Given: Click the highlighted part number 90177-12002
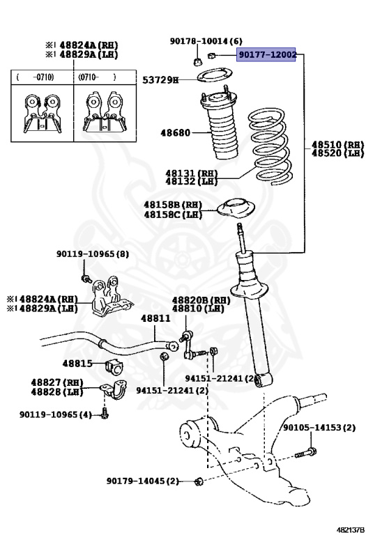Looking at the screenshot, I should pyautogui.click(x=267, y=54).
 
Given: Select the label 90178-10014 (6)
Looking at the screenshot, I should pyautogui.click(x=206, y=41).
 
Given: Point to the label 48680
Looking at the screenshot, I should pyautogui.click(x=176, y=132).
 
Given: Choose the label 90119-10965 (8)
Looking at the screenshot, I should pyautogui.click(x=93, y=255).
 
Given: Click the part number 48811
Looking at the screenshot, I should pyautogui.click(x=155, y=318).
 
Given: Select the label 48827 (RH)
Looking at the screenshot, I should pyautogui.click(x=56, y=382).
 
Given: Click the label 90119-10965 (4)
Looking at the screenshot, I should pyautogui.click(x=55, y=414).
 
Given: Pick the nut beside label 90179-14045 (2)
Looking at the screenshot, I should pyautogui.click(x=199, y=481).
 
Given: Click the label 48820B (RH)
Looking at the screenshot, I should pyautogui.click(x=201, y=300).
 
